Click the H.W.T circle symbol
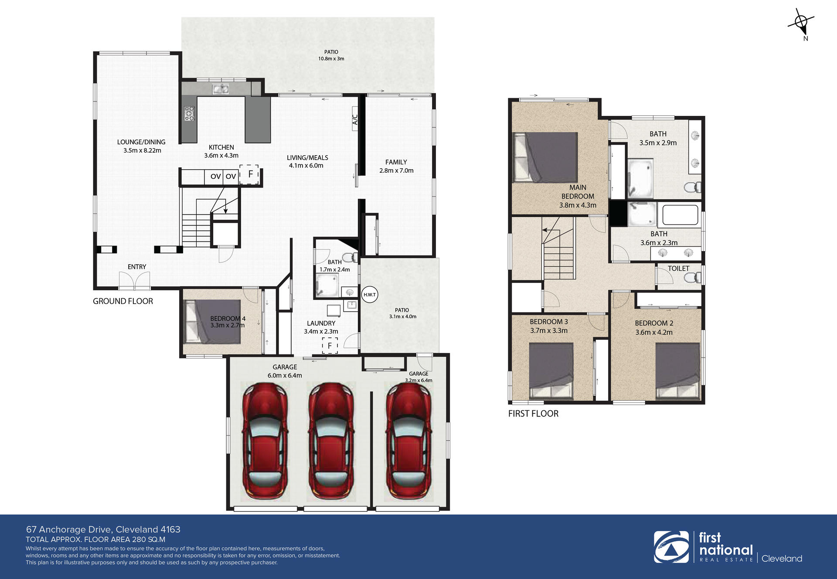click(x=369, y=295)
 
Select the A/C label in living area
click(x=355, y=119)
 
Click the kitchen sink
click(x=221, y=89)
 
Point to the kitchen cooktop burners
click(x=189, y=113)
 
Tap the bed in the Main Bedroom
click(x=545, y=157)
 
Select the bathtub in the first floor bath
click(x=680, y=215)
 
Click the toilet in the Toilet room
click(x=693, y=277)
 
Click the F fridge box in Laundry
click(x=330, y=345)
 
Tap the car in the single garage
click(x=408, y=442)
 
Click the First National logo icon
click(x=671, y=547)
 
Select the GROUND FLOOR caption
click(x=123, y=301)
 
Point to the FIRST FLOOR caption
click(x=533, y=414)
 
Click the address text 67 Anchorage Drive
click(x=70, y=529)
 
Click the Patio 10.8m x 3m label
click(x=331, y=55)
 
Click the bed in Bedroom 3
click(x=551, y=371)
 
